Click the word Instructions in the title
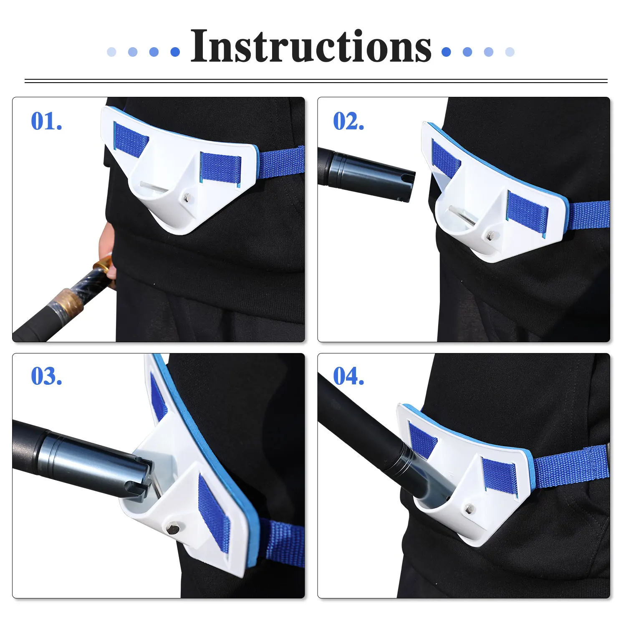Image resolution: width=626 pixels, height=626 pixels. point(311,46)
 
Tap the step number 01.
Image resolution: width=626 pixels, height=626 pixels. point(47,121)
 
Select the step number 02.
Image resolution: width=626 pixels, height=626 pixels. point(348,121)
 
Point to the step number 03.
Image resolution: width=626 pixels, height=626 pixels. point(47,376)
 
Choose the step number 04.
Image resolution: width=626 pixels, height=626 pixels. point(348,376)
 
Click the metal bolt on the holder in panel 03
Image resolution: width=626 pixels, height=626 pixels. point(172,529)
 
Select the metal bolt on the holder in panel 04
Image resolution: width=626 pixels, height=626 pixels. point(469,508)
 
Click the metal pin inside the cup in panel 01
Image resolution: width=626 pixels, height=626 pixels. point(155,186)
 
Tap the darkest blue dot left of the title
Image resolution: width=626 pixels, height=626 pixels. point(175,52)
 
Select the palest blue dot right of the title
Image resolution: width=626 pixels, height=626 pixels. point(510,52)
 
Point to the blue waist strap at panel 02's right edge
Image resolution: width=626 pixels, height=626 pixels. point(588,215)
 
